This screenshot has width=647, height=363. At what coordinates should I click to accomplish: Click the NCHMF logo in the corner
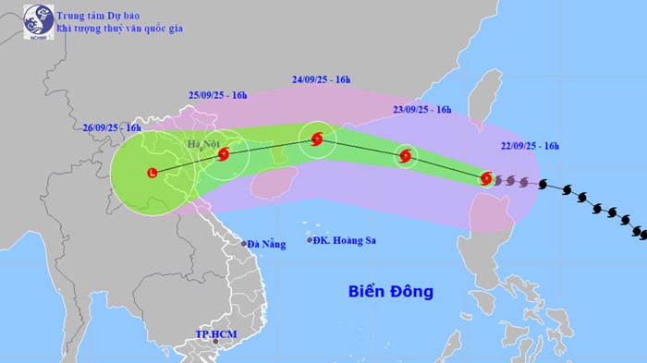coord(38,20)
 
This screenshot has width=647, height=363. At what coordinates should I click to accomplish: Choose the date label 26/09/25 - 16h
coord(110,127)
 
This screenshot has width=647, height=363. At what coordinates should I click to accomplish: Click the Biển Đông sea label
coord(390,292)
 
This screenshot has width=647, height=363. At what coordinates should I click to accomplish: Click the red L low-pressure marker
coord(152,171)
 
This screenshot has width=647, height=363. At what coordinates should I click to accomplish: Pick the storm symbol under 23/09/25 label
coord(405,157)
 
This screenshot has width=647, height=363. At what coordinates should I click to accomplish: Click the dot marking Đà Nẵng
coord(244,244)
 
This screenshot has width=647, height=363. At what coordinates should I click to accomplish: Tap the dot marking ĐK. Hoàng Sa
coord(310,241)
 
